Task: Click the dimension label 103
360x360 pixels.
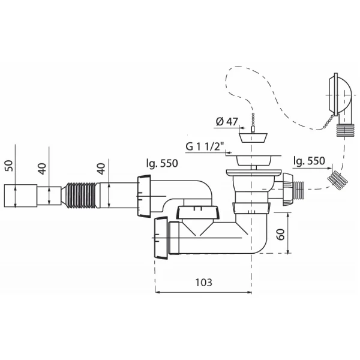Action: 203,283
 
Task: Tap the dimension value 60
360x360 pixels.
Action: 281,234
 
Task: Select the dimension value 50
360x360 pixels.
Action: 9,166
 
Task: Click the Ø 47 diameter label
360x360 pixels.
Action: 227,122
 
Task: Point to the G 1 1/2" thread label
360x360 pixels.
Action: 205,146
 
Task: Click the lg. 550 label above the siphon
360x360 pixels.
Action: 162,163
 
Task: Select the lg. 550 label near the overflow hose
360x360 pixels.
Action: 309,161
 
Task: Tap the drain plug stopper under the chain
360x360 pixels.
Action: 253,137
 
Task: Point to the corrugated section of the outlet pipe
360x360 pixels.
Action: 81,196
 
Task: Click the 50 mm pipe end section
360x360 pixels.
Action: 20,196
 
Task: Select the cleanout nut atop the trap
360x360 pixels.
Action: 197,212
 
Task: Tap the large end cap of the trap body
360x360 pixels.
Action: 161,238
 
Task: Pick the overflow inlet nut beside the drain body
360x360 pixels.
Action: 287,190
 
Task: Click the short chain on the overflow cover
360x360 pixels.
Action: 329,121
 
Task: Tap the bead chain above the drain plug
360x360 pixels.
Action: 253,122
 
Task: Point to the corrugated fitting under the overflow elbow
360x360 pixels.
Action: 344,130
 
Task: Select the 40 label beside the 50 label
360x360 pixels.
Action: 43,169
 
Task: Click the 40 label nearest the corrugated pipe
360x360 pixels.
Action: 101,169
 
